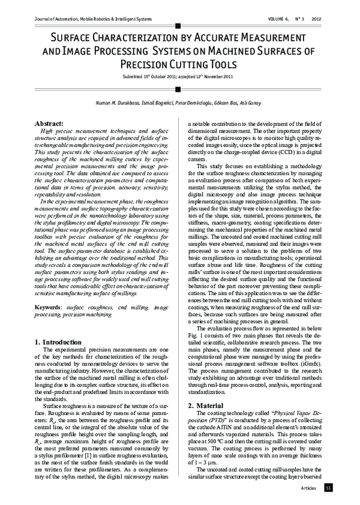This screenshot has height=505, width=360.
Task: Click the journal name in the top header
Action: [x=85, y=18]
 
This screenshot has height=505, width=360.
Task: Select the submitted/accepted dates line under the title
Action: [x=178, y=78]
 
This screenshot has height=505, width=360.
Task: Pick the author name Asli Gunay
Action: [x=248, y=103]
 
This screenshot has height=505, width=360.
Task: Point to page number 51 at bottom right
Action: [x=328, y=489]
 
